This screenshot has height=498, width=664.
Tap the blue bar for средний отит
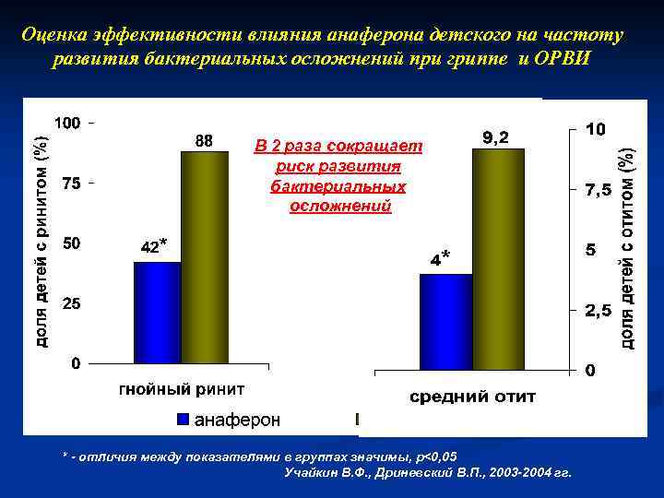pyautogui.click(x=445, y=322)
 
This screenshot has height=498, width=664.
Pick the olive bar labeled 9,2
pyautogui.click(x=498, y=259)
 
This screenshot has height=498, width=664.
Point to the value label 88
pyautogui.click(x=204, y=140)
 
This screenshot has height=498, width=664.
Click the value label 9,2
pyautogui.click(x=495, y=137)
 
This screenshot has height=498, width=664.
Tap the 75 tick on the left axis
pyautogui.click(x=70, y=184)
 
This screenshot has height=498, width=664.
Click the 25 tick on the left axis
pyautogui.click(x=70, y=302)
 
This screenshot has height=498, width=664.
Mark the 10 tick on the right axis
pyautogui.click(x=596, y=131)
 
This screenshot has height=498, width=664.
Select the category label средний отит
pyautogui.click(x=472, y=397)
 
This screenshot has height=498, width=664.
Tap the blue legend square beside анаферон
pyautogui.click(x=183, y=421)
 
